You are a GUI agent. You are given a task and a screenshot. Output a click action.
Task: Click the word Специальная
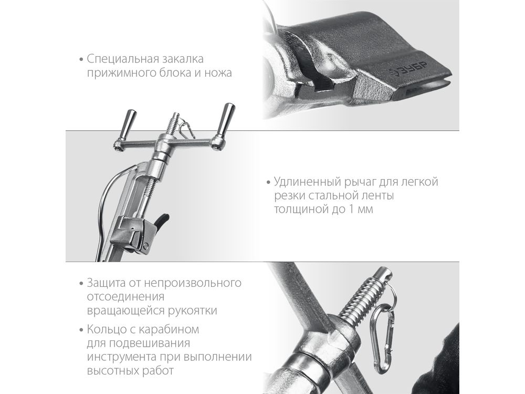coord(123,59)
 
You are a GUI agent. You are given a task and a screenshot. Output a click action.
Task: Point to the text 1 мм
coord(361,210)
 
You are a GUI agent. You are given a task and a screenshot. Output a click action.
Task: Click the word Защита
coord(106,283)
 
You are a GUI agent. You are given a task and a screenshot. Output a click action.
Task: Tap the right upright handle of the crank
coord(226,119)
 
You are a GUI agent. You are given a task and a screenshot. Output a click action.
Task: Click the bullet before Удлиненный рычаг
coord(268,183)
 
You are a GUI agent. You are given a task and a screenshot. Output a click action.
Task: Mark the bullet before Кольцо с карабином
coord(81,330)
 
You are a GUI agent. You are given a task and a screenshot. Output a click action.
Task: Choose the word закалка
coord(183,59)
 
